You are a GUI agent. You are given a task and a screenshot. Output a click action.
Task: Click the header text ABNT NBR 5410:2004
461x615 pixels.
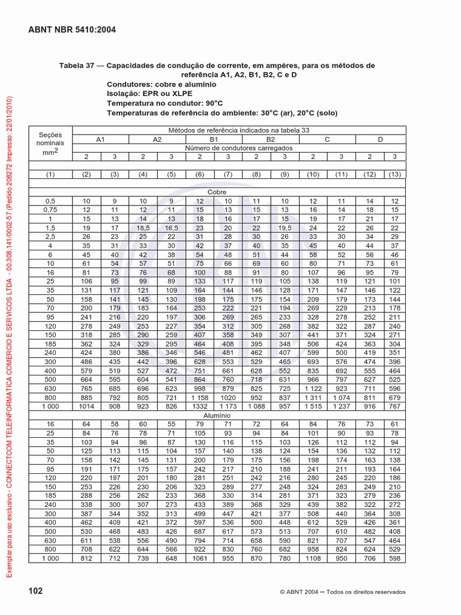[73, 29]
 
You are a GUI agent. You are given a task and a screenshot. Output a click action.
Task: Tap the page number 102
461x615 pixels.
[36, 591]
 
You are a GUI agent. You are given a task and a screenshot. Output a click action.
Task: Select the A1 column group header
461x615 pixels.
[101, 139]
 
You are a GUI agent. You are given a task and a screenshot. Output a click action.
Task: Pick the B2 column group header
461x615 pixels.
[270, 139]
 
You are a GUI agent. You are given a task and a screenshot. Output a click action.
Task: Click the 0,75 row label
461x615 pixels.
[50, 210]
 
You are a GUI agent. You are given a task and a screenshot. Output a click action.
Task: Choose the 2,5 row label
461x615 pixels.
[50, 237]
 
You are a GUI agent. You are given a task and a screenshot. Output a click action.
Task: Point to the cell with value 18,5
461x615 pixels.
[143, 228]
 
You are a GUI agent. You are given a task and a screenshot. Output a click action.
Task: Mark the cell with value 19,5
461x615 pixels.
[285, 228]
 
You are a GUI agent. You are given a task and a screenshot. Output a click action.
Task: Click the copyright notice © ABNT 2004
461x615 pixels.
[343, 592]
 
